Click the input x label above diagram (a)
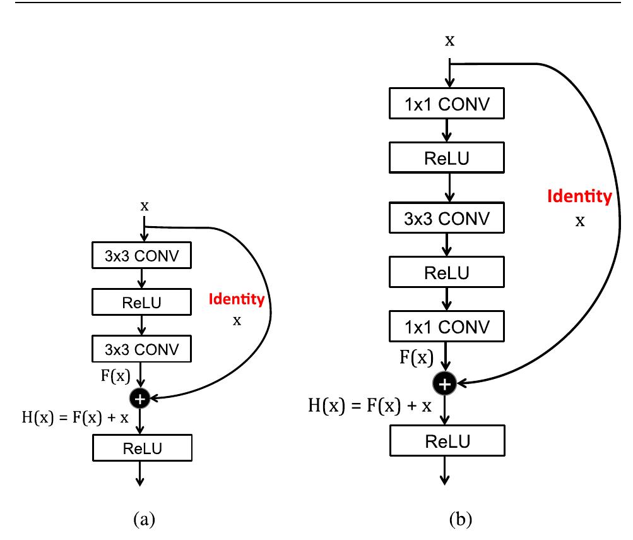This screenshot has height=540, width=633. [145, 207]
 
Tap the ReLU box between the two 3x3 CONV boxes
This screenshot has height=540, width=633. [141, 302]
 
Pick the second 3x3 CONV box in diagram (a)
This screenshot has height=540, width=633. [141, 348]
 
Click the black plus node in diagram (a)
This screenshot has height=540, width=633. [140, 398]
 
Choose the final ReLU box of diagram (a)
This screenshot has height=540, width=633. [141, 448]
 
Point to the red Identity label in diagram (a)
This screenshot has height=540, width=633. [237, 299]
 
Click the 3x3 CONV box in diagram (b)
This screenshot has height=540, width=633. [446, 218]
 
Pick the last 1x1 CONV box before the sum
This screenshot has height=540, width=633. [446, 328]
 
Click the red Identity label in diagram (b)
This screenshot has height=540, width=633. [579, 197]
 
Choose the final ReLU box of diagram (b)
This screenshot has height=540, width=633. [446, 440]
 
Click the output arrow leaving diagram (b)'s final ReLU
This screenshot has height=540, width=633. [446, 471]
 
